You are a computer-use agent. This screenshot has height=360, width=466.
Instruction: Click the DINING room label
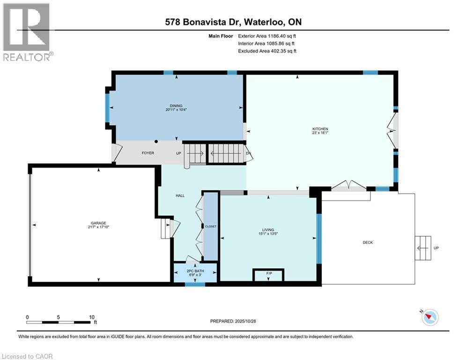(x=176, y=105)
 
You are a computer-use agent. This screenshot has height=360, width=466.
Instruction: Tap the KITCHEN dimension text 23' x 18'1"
(x=320, y=133)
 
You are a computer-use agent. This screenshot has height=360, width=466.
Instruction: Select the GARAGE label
(x=98, y=223)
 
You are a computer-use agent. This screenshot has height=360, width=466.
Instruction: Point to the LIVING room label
(x=268, y=230)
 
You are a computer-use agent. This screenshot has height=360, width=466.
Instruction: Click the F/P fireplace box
(x=268, y=275)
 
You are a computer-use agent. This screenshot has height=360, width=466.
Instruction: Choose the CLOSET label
(x=211, y=226)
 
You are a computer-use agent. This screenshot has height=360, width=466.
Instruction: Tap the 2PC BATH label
(x=195, y=271)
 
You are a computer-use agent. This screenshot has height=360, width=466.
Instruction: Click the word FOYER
(x=148, y=153)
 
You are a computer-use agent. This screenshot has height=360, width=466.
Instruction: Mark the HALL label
(x=180, y=195)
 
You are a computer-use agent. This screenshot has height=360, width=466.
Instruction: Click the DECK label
(x=368, y=242)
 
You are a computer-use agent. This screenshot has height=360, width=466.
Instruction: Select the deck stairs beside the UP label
(x=423, y=248)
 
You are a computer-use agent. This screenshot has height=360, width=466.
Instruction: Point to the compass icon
(x=430, y=317)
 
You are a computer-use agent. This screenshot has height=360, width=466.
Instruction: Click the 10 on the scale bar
(x=91, y=317)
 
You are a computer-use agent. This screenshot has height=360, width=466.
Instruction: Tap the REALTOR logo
(x=27, y=32)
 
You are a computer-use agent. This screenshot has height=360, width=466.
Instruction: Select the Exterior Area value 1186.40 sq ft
(x=282, y=36)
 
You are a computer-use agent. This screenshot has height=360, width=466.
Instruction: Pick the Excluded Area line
(x=267, y=51)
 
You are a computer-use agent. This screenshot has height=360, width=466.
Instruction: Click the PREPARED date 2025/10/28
(x=245, y=321)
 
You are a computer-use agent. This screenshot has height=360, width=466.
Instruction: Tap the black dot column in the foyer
(x=156, y=142)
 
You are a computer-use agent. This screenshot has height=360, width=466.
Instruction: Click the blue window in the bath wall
(x=195, y=285)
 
